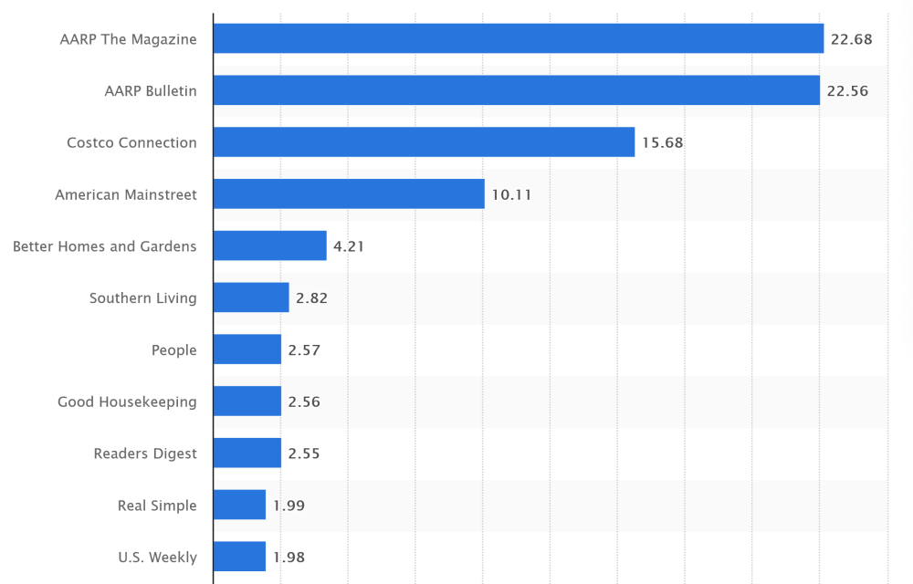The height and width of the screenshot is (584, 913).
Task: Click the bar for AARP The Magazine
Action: (x=519, y=38)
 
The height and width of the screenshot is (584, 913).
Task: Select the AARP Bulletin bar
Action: (x=517, y=90)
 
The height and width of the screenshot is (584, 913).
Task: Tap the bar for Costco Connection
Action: (x=424, y=142)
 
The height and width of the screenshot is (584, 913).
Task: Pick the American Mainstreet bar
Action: (x=349, y=193)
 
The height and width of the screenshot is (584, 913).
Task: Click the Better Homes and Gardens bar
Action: (x=270, y=245)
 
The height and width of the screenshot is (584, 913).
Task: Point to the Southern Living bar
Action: (x=251, y=297)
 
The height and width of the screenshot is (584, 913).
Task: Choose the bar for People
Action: (x=247, y=349)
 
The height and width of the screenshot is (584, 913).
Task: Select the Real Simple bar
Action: (x=239, y=505)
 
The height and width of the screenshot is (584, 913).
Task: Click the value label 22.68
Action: (x=852, y=39)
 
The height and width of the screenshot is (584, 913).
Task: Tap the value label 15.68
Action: (x=662, y=143)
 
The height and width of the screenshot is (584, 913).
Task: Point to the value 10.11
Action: (x=511, y=194)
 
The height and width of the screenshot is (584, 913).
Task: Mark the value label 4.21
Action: (x=349, y=246)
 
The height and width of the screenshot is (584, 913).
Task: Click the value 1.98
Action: (x=289, y=557)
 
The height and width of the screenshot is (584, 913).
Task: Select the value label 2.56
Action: (x=304, y=401)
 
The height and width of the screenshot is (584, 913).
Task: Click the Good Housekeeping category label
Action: (x=127, y=401)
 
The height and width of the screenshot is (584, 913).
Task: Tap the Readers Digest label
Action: (x=145, y=454)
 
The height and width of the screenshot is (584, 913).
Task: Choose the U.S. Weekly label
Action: (x=157, y=557)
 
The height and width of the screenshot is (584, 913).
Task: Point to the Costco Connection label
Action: (x=131, y=142)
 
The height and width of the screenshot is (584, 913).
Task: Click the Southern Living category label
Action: (x=143, y=298)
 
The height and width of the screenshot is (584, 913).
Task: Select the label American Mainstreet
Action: (x=126, y=194)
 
